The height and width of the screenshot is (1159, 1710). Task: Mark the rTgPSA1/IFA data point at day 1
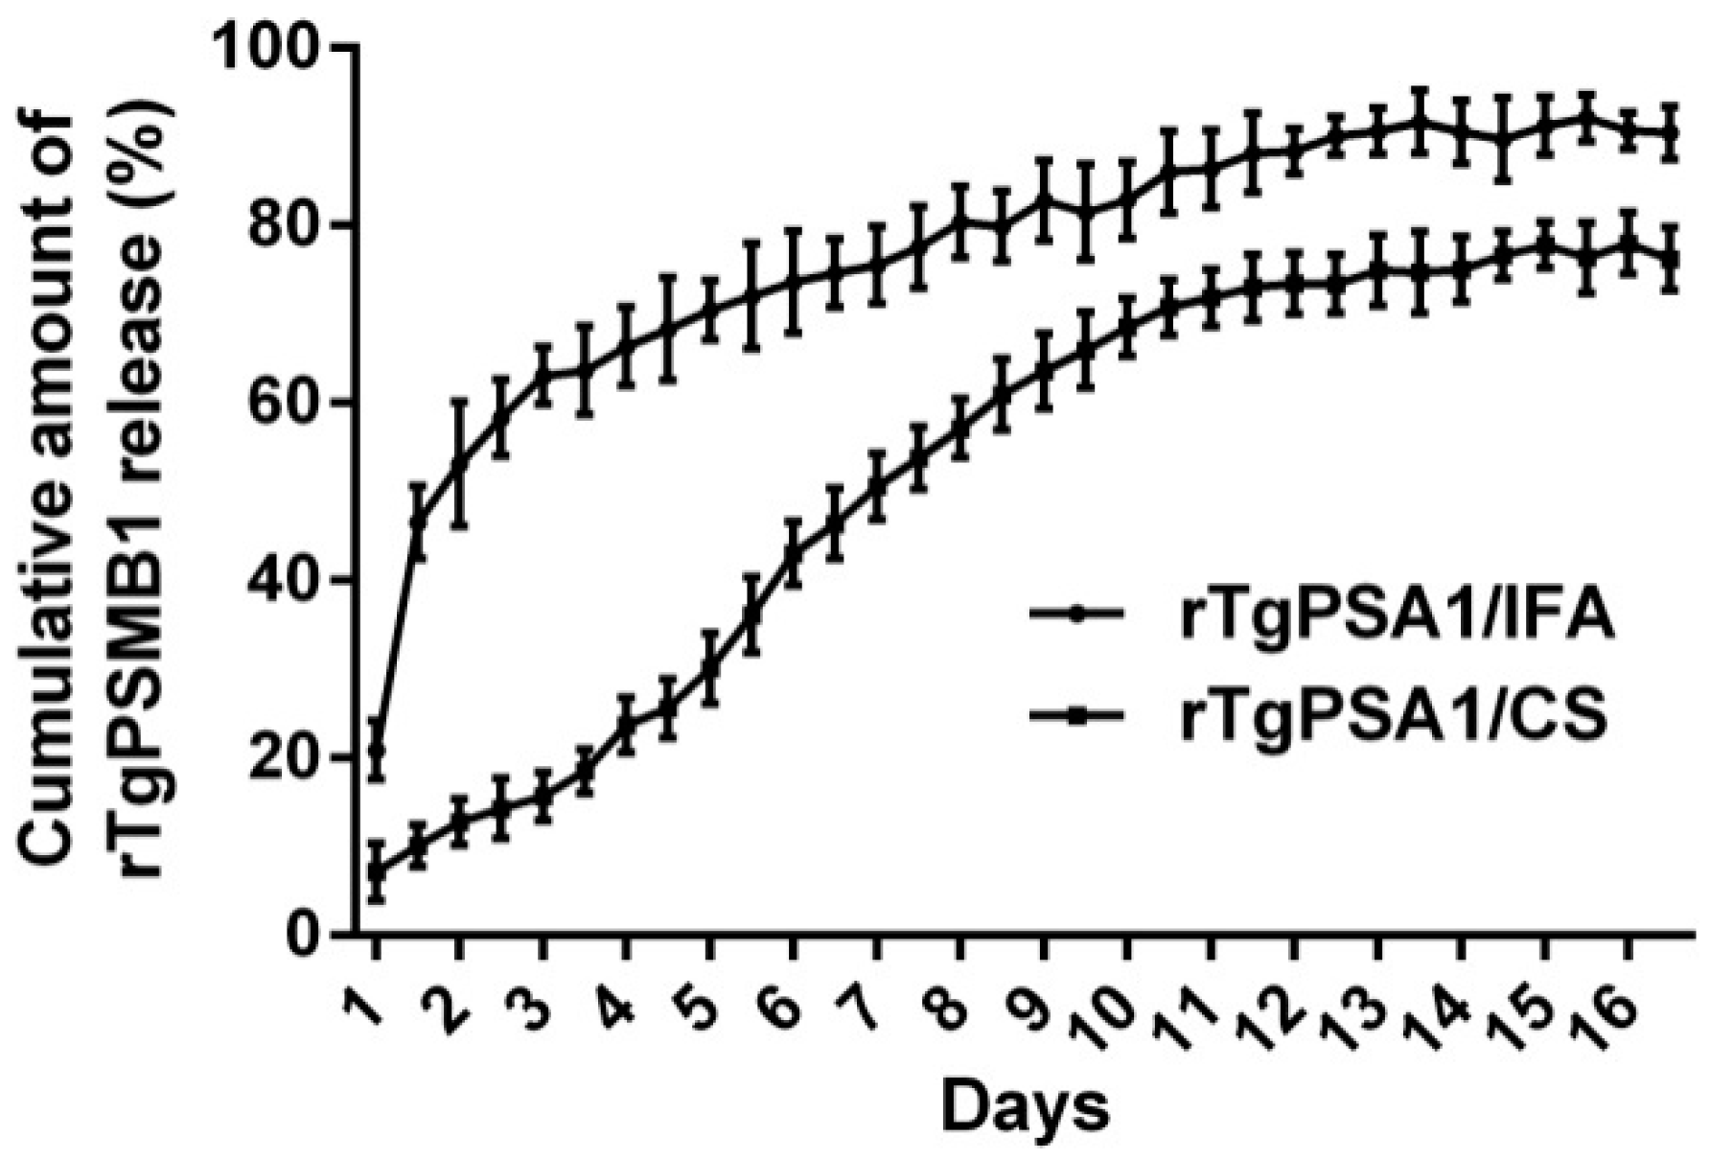[x=377, y=749]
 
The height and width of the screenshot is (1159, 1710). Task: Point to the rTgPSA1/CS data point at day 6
[x=793, y=553]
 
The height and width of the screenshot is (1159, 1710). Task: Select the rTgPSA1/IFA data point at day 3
[x=543, y=375]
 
